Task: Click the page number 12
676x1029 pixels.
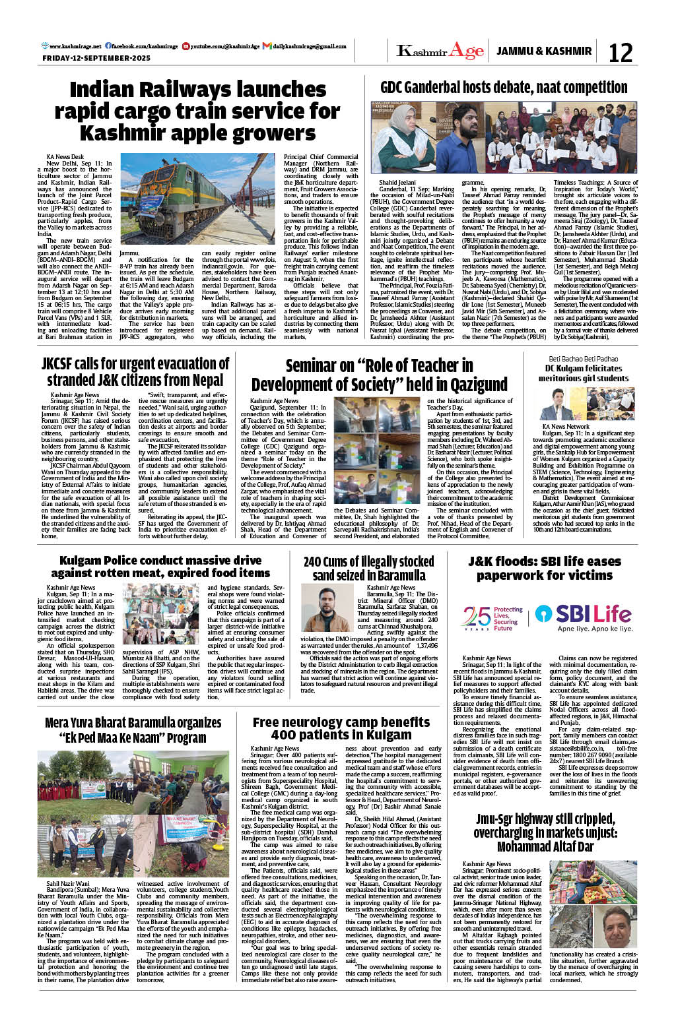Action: (x=620, y=52)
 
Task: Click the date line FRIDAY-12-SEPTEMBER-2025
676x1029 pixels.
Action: (x=96, y=58)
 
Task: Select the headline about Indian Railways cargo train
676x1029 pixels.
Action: (x=197, y=111)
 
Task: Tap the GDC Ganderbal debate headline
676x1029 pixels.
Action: (x=504, y=87)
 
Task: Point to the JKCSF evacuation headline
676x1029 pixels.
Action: (x=135, y=372)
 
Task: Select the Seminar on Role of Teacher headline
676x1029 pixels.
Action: (x=379, y=375)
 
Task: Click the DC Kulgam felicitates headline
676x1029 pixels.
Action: (x=584, y=373)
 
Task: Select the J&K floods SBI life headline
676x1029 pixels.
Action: (x=545, y=568)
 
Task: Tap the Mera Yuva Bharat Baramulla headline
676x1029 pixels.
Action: (x=133, y=730)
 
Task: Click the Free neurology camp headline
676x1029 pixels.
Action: (x=341, y=729)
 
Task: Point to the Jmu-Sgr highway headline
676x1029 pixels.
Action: (x=545, y=832)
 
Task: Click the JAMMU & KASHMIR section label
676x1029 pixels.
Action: (x=544, y=51)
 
